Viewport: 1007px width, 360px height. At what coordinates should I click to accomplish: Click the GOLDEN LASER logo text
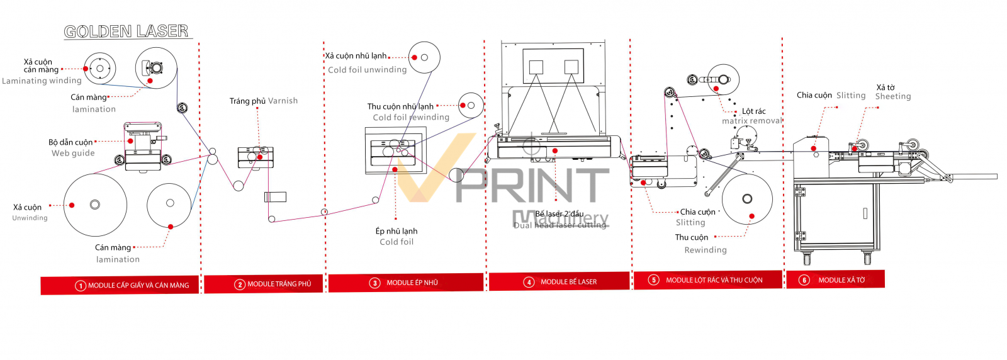(x=126, y=31)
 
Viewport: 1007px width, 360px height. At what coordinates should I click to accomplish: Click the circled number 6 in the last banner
(x=804, y=280)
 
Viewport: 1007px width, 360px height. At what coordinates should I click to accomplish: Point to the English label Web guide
(x=73, y=153)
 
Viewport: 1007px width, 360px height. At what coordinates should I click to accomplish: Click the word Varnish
(x=283, y=101)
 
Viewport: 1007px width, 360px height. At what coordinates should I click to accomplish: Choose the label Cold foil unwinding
(x=367, y=70)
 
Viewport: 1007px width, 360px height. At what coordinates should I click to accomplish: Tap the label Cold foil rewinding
(x=411, y=117)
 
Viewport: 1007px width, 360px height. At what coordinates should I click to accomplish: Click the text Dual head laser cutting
(x=560, y=225)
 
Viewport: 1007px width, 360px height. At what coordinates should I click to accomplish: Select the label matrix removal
(x=751, y=121)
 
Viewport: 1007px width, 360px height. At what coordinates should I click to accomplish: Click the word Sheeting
(x=893, y=96)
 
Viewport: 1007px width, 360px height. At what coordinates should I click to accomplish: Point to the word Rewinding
(x=706, y=250)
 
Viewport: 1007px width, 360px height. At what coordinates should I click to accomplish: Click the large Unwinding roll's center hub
(x=95, y=205)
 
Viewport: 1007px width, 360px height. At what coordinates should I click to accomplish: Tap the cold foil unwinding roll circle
(x=424, y=57)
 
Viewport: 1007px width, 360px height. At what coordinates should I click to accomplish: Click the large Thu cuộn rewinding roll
(x=747, y=199)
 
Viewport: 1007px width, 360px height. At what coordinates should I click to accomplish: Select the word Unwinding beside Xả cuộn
(x=30, y=218)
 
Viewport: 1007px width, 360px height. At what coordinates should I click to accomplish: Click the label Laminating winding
(x=42, y=81)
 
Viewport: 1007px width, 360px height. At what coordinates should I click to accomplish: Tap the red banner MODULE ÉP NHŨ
(x=406, y=283)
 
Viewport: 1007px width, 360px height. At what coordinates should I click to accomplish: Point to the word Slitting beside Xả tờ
(x=851, y=96)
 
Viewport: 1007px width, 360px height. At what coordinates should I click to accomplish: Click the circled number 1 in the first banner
(x=81, y=286)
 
